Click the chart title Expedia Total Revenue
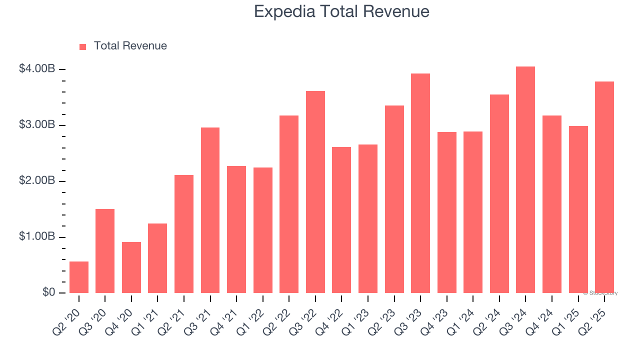click(341, 11)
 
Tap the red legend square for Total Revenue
click(83, 46)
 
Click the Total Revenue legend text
click(130, 46)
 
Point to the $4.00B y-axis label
click(36, 69)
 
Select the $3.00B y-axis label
click(36, 125)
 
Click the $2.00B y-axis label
click(36, 181)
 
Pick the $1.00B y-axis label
click(36, 237)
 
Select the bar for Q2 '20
click(79, 277)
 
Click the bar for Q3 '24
click(525, 180)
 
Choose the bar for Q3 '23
click(420, 183)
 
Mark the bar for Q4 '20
click(131, 267)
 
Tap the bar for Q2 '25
click(604, 187)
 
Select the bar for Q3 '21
click(210, 210)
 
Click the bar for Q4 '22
click(341, 220)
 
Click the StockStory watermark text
click(600, 293)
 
